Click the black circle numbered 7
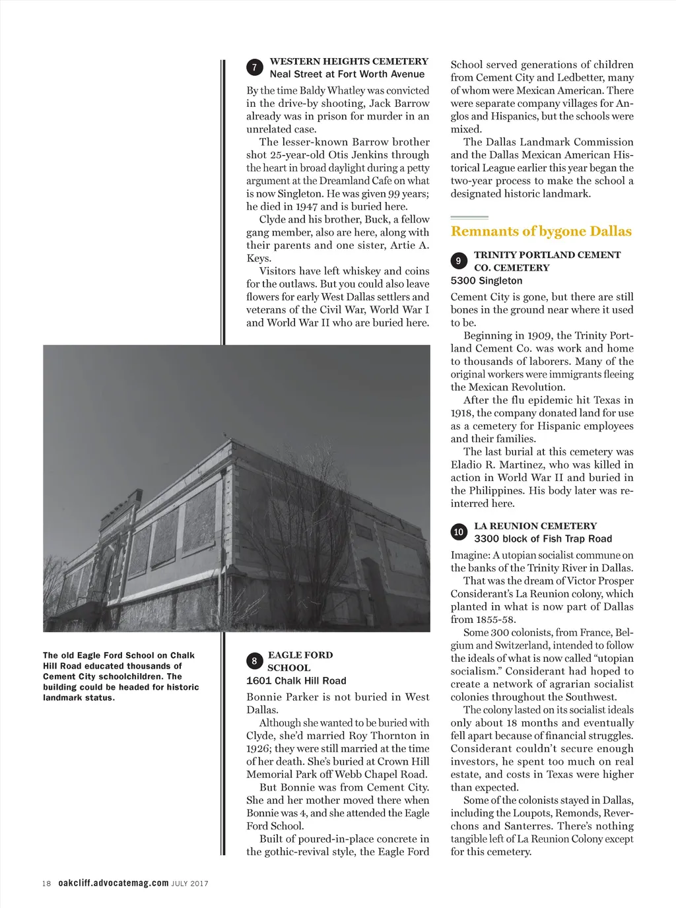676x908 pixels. pyautogui.click(x=255, y=67)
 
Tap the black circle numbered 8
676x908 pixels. pyautogui.click(x=254, y=661)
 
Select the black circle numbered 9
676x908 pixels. pyautogui.click(x=459, y=261)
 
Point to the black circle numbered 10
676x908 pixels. pyautogui.click(x=459, y=532)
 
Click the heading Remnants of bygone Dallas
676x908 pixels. pyautogui.click(x=541, y=232)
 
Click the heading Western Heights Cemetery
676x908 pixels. pyautogui.click(x=349, y=61)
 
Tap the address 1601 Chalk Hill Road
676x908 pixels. pyautogui.click(x=296, y=681)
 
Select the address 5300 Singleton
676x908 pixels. pyautogui.click(x=487, y=280)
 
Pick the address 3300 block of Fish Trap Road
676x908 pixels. pyautogui.click(x=543, y=538)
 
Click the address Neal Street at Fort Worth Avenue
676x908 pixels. pyautogui.click(x=347, y=75)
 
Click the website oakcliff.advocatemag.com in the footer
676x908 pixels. pyautogui.click(x=113, y=884)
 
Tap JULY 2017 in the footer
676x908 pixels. pyautogui.click(x=190, y=884)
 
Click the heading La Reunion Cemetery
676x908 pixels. pyautogui.click(x=535, y=526)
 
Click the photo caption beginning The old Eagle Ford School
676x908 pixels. pyautogui.click(x=121, y=676)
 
